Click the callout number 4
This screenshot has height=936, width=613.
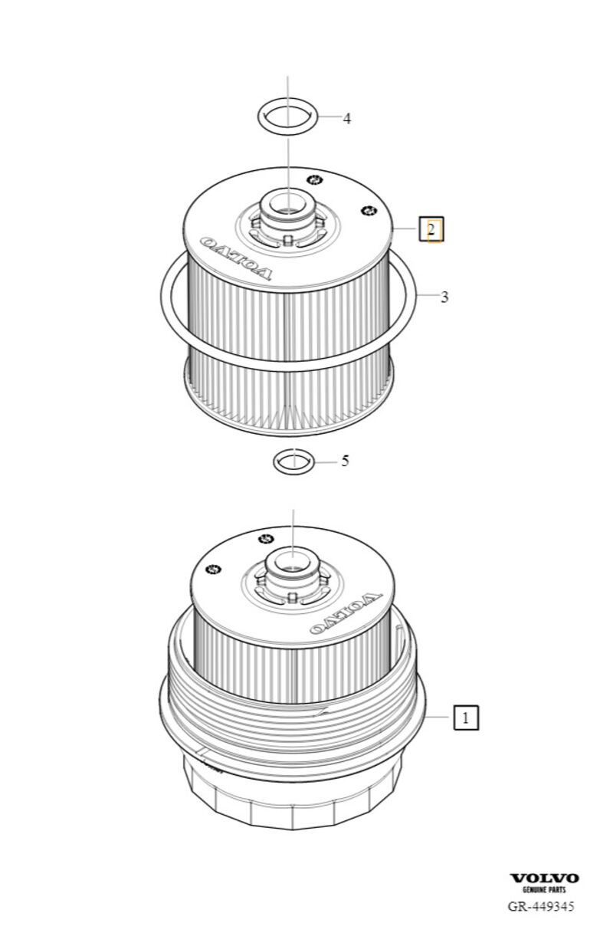(346, 119)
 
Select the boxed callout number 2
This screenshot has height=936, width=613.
(431, 229)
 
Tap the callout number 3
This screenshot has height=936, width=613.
(444, 297)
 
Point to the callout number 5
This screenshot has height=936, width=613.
(345, 461)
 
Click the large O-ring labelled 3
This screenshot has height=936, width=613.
(288, 369)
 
